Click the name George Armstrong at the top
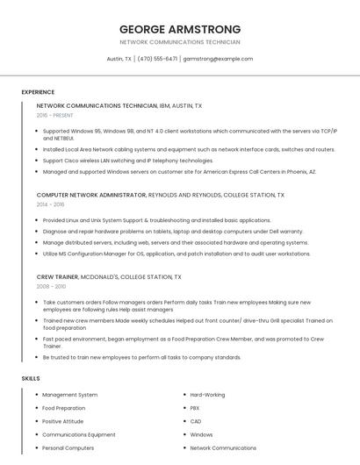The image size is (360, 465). click(179, 28)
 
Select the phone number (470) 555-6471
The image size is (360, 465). click(157, 59)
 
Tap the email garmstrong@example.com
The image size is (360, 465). click(218, 59)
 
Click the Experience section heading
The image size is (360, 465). click(38, 92)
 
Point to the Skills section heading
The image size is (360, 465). click(31, 378)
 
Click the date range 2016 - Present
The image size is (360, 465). click(55, 115)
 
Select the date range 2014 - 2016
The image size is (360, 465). click(50, 204)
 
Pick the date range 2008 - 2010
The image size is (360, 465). click(51, 286)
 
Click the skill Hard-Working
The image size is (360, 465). click(208, 395)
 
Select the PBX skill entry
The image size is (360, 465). click(195, 408)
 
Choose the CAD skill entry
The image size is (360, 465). click(196, 421)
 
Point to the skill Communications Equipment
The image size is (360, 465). click(79, 434)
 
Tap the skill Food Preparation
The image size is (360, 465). click(64, 408)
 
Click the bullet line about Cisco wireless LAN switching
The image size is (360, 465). click(128, 161)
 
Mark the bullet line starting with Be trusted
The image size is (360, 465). click(141, 357)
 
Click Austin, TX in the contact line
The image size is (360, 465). click(119, 59)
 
